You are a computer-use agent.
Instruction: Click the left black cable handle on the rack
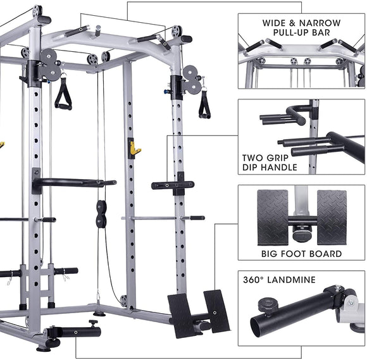63,96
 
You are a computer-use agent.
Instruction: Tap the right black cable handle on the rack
204,104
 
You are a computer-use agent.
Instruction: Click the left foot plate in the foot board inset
272,218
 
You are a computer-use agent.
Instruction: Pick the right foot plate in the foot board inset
331,218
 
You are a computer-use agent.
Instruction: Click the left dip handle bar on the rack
73,183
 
